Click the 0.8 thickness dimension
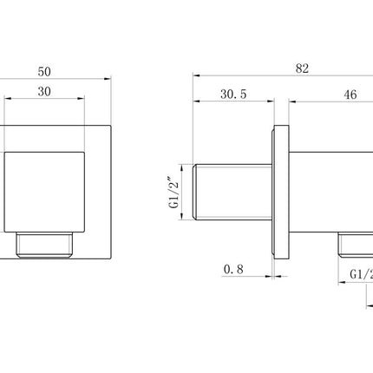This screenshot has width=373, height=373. coord(232,271)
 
